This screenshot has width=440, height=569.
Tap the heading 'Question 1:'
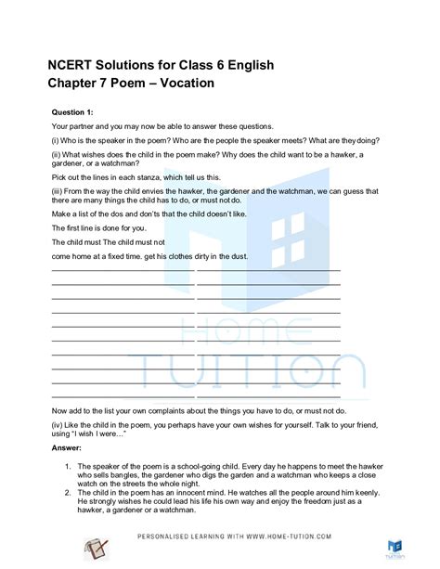pos(71,110)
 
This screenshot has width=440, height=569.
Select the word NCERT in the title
pos(49,66)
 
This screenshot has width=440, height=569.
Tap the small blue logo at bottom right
pos(394,547)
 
